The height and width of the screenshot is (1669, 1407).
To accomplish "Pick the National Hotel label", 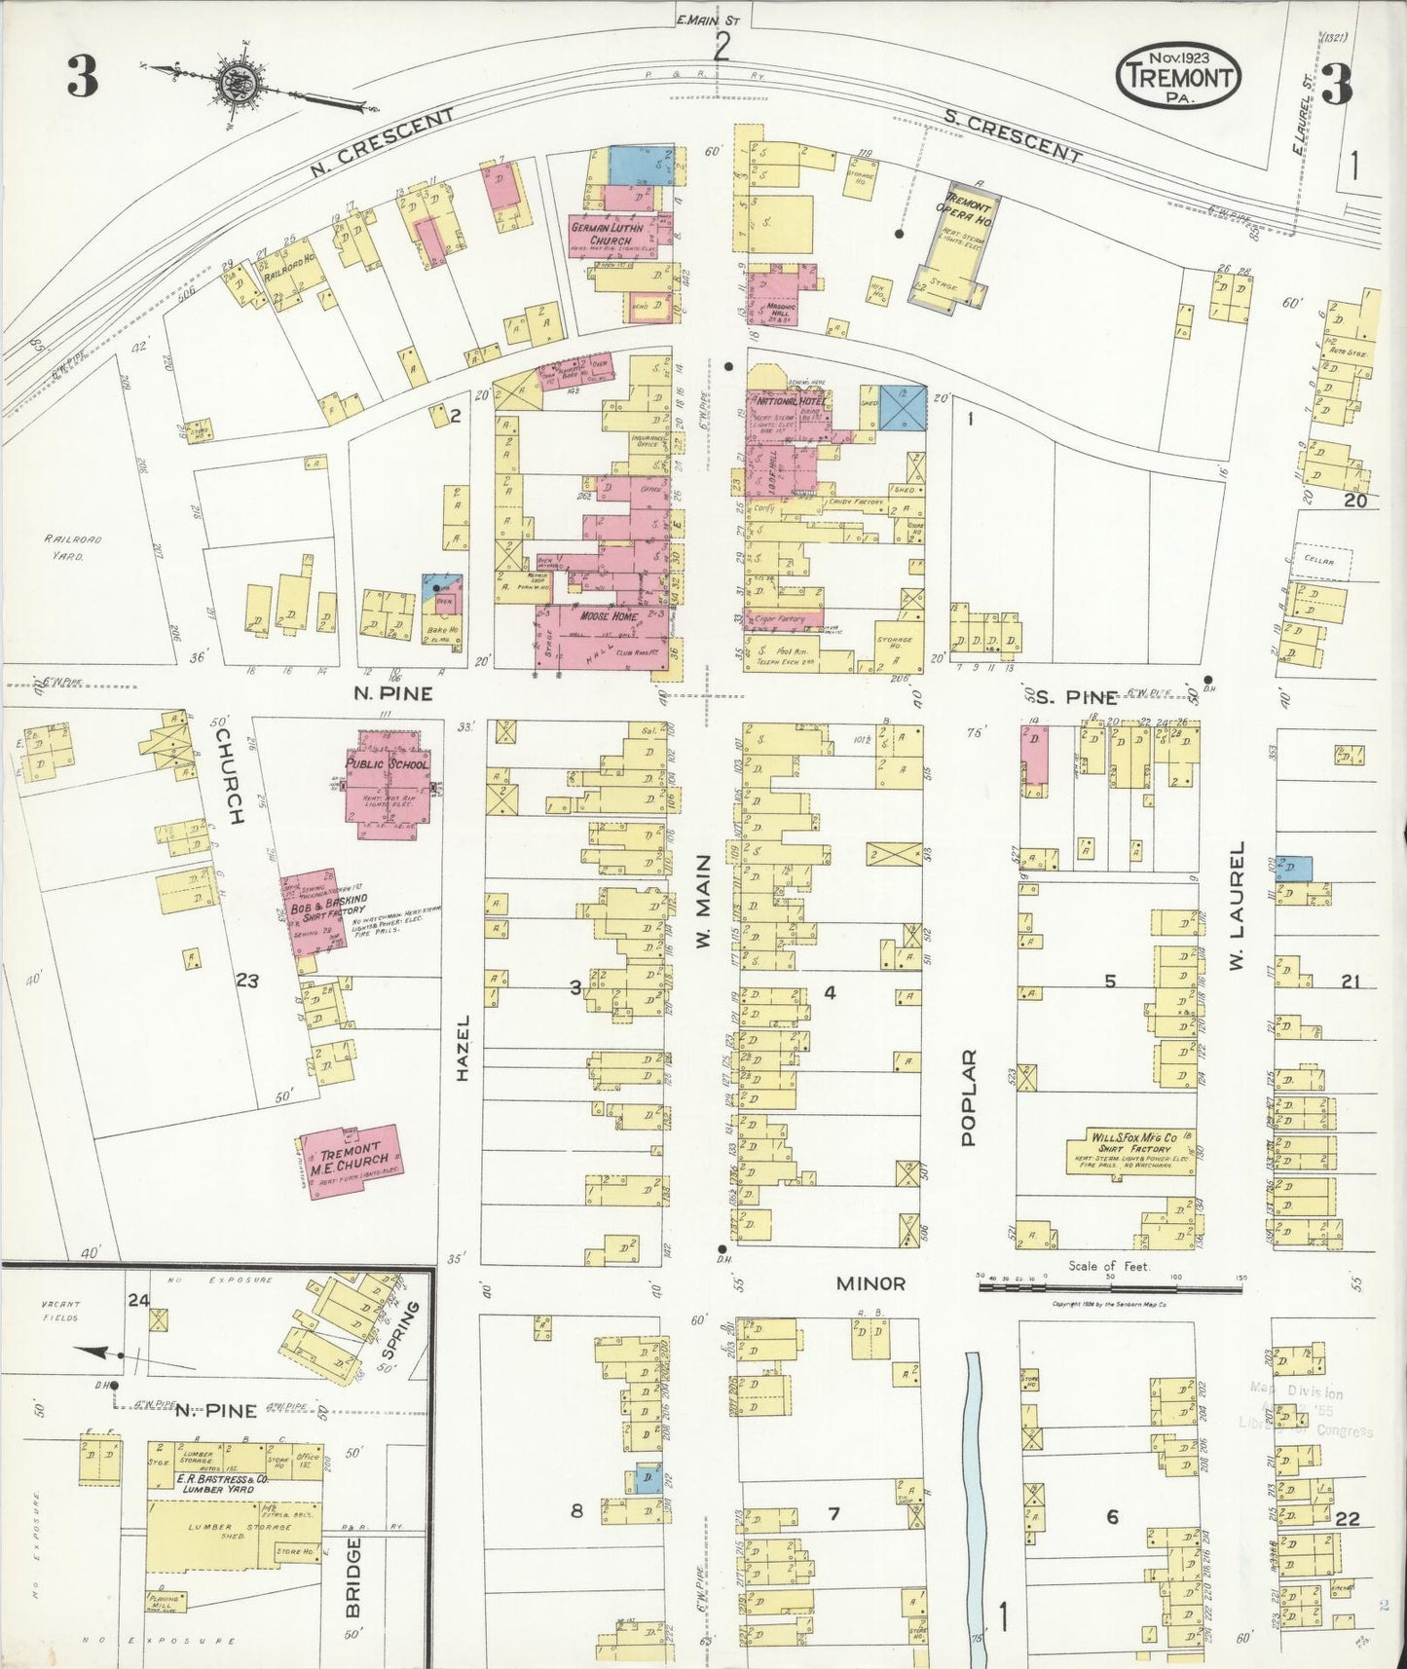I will tap(787, 401).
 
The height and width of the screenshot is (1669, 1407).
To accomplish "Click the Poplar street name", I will tap(970, 1097).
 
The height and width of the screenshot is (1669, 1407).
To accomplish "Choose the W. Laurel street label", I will tap(1237, 906).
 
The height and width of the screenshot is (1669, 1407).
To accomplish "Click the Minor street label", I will tap(870, 1283).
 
